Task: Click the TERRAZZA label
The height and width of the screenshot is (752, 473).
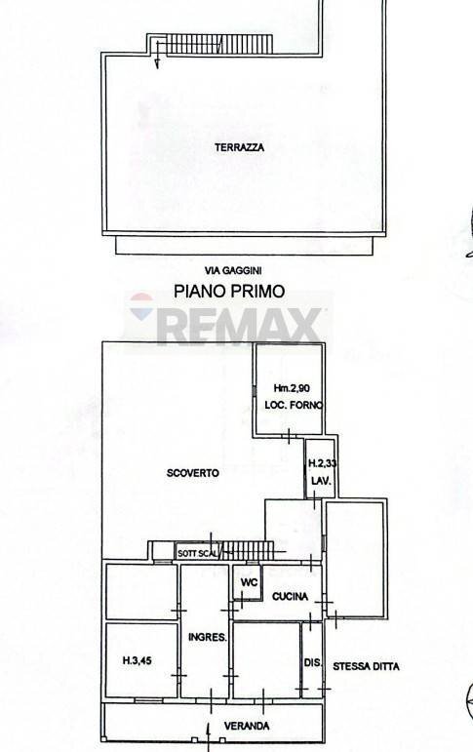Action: [x=240, y=148]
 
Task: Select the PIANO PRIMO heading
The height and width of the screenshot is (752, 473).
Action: [x=229, y=290]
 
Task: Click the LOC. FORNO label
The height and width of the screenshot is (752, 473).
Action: [x=292, y=405]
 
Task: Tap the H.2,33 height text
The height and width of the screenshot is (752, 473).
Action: [x=322, y=466]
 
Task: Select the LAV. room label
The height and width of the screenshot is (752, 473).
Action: [x=321, y=482]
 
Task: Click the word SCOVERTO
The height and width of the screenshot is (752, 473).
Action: [x=192, y=473]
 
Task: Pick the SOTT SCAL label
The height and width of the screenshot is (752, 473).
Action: [x=197, y=554]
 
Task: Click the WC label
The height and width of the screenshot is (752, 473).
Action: [x=248, y=583]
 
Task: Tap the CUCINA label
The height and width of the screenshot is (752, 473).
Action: [x=291, y=596]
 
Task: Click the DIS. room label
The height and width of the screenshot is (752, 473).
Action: [x=312, y=663]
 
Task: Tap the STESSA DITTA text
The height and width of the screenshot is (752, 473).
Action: [x=365, y=667]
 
